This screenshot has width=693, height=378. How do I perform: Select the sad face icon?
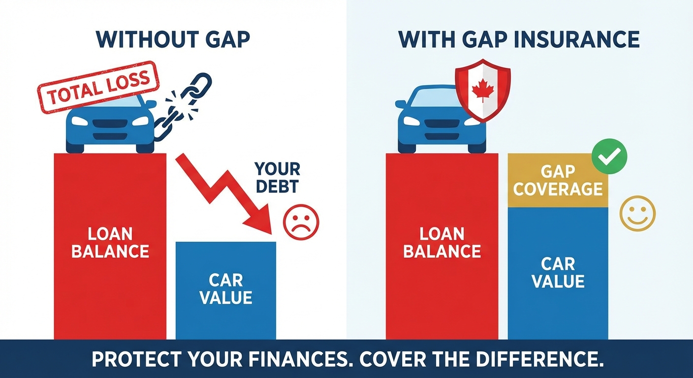point(301,222)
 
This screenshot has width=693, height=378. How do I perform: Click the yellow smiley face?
point(637,213)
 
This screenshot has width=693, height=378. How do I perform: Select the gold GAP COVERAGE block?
point(558,180)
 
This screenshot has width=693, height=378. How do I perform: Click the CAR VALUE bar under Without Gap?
point(226,290)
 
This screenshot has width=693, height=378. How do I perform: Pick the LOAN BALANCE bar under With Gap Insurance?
point(441,246)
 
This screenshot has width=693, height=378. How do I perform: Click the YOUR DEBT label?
point(277,178)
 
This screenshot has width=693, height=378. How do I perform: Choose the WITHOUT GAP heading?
point(173,39)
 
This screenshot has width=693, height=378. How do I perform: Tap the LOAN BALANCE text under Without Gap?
point(110,243)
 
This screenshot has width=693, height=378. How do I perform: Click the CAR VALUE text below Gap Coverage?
point(558,272)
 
